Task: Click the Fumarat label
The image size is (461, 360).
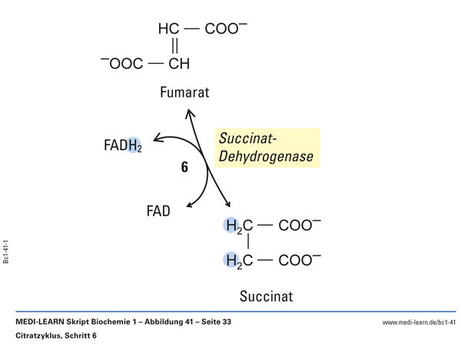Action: (x=184, y=93)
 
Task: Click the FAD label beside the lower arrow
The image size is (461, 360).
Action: (x=158, y=210)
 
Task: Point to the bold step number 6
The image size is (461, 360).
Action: (x=184, y=167)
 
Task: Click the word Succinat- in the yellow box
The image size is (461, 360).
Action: (x=248, y=138)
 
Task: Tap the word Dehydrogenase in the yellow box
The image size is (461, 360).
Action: (x=266, y=157)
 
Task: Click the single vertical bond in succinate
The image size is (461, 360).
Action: (x=248, y=243)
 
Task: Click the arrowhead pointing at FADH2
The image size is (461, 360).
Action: (x=158, y=138)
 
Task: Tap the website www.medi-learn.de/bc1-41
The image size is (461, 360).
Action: (x=419, y=322)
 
